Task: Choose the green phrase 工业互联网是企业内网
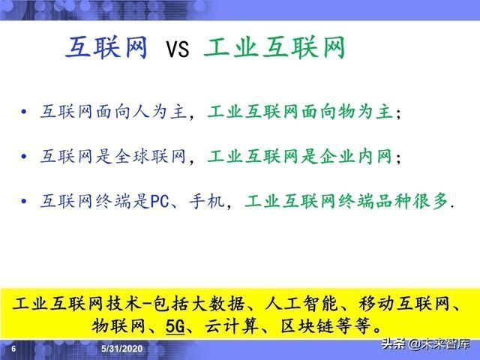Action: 299,157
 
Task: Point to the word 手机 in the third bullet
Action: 207,201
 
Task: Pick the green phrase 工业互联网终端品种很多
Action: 346,201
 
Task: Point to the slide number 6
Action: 14,349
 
